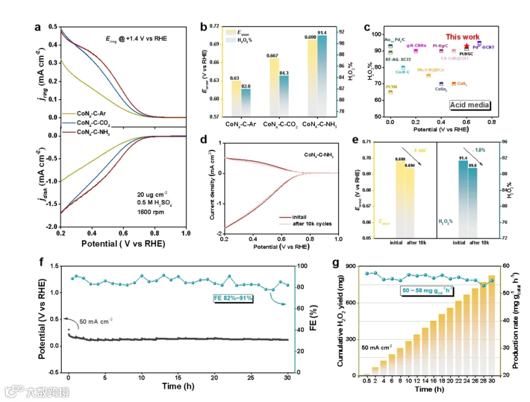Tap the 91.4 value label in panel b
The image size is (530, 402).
point(322,32)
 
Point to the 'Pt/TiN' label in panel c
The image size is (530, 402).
point(392,87)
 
